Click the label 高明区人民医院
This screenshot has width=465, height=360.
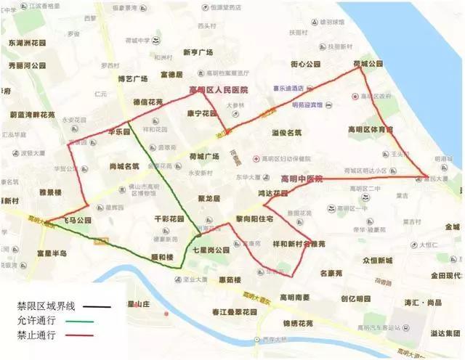(219, 89)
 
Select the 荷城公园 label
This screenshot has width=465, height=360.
(367, 65)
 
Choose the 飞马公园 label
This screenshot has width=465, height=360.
(73, 220)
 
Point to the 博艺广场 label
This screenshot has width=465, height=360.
(133, 78)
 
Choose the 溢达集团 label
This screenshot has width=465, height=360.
(444, 332)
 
